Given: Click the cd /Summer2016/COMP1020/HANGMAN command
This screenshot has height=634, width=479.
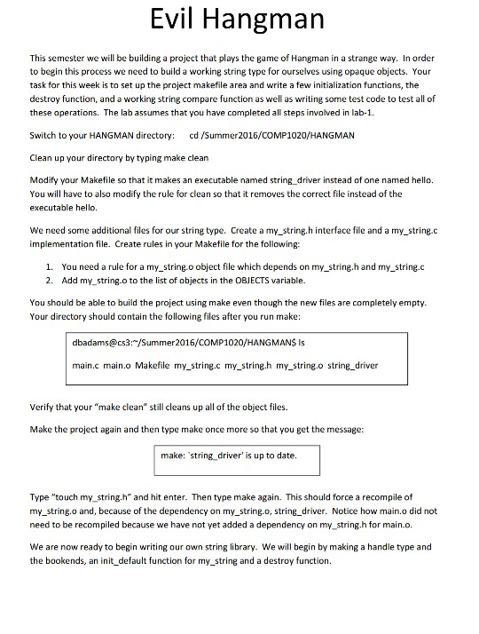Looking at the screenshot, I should pos(273,135).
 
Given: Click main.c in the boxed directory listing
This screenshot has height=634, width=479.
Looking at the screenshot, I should pos(85,365).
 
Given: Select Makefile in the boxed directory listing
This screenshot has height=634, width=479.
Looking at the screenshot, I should pos(152,365).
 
